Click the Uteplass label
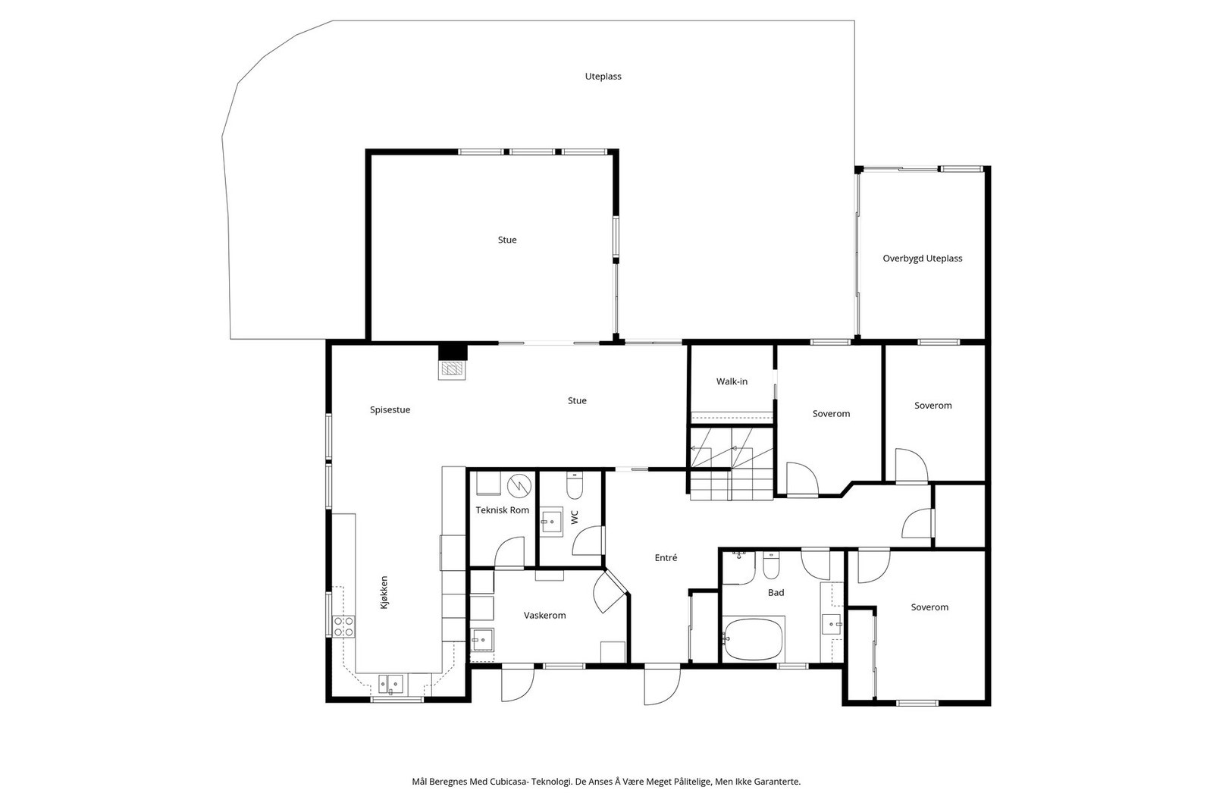(x=603, y=77)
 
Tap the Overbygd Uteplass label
(x=922, y=259)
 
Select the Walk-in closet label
(x=732, y=381)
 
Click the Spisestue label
(x=390, y=410)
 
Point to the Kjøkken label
(x=384, y=592)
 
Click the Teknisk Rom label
(x=502, y=510)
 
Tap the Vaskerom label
(x=544, y=615)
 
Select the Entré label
(x=666, y=557)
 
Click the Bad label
(x=776, y=592)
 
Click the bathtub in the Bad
(x=754, y=639)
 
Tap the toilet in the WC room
(x=574, y=485)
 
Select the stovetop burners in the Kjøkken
(x=344, y=626)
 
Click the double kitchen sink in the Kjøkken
(x=390, y=685)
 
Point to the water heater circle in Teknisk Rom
(x=519, y=485)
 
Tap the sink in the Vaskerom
(x=482, y=639)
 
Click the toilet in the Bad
(x=770, y=565)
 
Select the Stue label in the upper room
(x=507, y=240)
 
